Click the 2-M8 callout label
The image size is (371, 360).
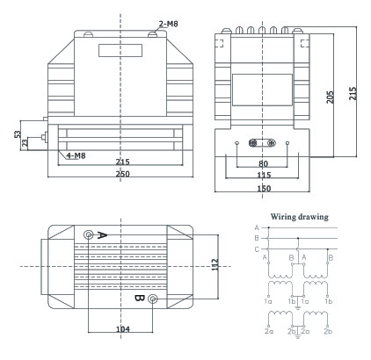coord(168,24)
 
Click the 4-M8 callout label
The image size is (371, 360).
coord(76,155)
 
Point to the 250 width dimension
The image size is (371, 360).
coord(122,174)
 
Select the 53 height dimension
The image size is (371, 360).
coord(18,134)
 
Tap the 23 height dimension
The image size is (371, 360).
coord(25,143)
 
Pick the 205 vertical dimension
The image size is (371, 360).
coord(331,97)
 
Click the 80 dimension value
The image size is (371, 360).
coord(263,163)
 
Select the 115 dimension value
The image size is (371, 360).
coord(264,175)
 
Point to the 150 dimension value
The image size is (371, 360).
coord(264,188)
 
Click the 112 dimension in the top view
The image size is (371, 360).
coord(215,264)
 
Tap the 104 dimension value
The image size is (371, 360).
coord(123,329)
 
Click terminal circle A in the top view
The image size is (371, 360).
coord(88,234)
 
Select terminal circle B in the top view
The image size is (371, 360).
coord(153,299)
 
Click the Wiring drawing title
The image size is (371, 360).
coord(299,217)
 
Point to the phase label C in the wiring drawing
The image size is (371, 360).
coord(257,249)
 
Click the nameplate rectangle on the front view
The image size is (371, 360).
coord(120,50)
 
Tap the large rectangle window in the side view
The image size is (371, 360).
coord(262,90)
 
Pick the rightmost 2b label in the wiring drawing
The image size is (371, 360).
coord(328,332)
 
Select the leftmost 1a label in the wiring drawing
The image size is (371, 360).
coord(268,301)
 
